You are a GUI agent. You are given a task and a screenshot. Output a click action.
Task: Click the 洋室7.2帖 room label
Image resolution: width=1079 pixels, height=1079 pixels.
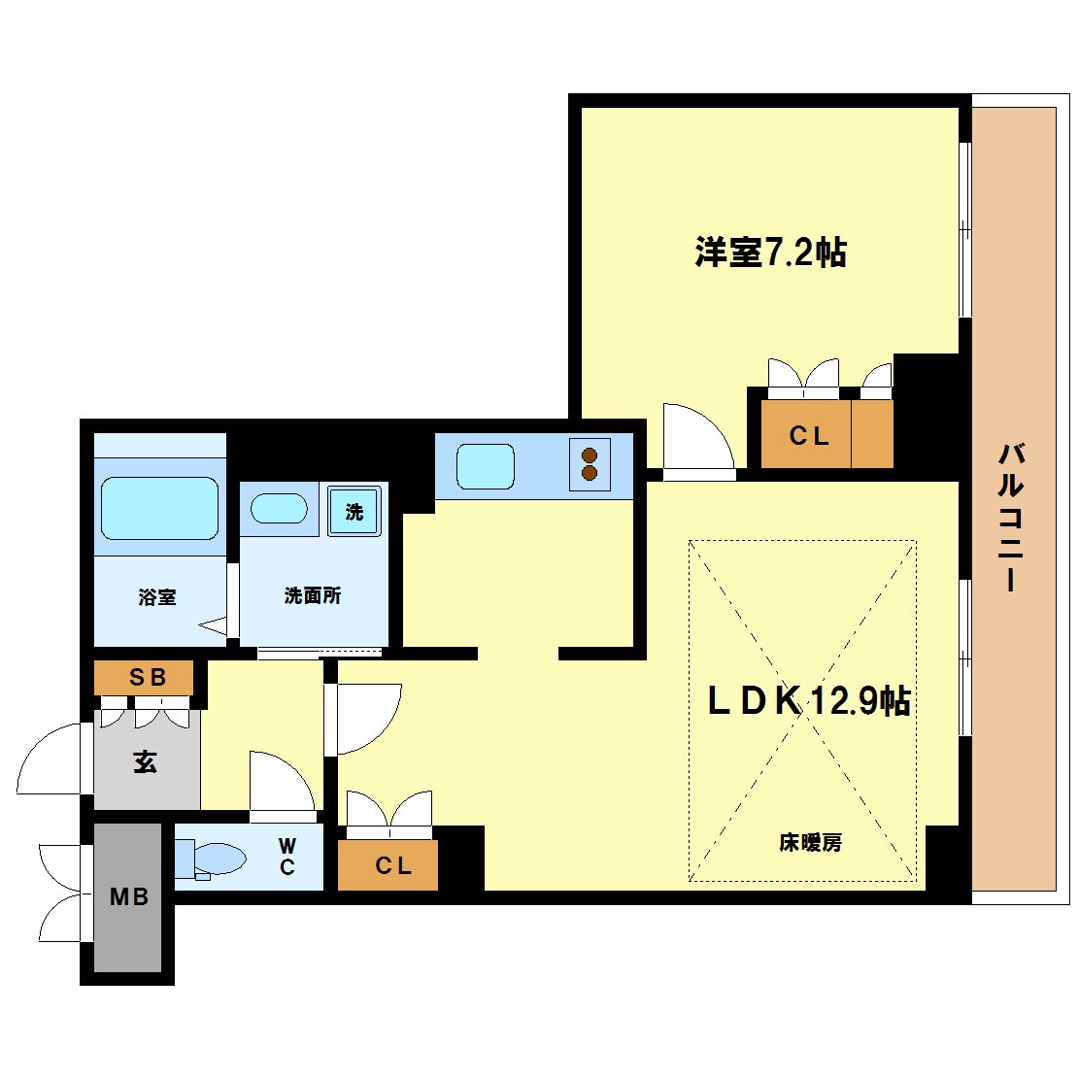[x=770, y=253]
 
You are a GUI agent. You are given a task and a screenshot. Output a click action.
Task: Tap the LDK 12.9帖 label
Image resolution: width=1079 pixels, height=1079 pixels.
[x=808, y=700]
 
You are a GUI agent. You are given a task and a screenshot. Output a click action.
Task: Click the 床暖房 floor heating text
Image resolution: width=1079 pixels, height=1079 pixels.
[x=810, y=843]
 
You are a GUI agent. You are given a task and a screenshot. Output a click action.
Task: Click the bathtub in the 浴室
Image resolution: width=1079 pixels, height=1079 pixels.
[x=159, y=508]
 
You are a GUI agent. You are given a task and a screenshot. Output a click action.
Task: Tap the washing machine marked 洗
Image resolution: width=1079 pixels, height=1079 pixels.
[x=354, y=511]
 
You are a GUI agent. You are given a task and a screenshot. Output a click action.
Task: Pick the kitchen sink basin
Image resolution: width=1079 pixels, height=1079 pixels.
[x=485, y=466]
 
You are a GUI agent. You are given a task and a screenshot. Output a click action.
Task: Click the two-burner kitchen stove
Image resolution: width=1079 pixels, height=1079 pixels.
[x=589, y=464]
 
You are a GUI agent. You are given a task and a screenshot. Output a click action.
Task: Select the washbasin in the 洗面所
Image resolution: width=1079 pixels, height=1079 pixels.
[x=280, y=508]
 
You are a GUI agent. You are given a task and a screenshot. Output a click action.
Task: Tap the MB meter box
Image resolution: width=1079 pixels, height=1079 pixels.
[x=128, y=897]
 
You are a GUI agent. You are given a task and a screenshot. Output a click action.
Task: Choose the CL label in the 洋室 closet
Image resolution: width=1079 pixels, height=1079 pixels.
[x=808, y=437]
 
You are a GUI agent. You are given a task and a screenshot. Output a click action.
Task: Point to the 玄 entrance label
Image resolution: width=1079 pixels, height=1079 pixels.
[x=146, y=762]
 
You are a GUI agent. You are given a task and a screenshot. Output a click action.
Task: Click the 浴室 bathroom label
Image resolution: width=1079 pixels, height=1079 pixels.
[x=157, y=597]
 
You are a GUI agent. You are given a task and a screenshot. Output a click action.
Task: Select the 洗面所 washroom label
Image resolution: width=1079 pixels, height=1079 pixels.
[x=312, y=595]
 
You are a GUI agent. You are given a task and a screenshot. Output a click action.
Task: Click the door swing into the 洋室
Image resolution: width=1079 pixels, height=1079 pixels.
[x=695, y=439]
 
